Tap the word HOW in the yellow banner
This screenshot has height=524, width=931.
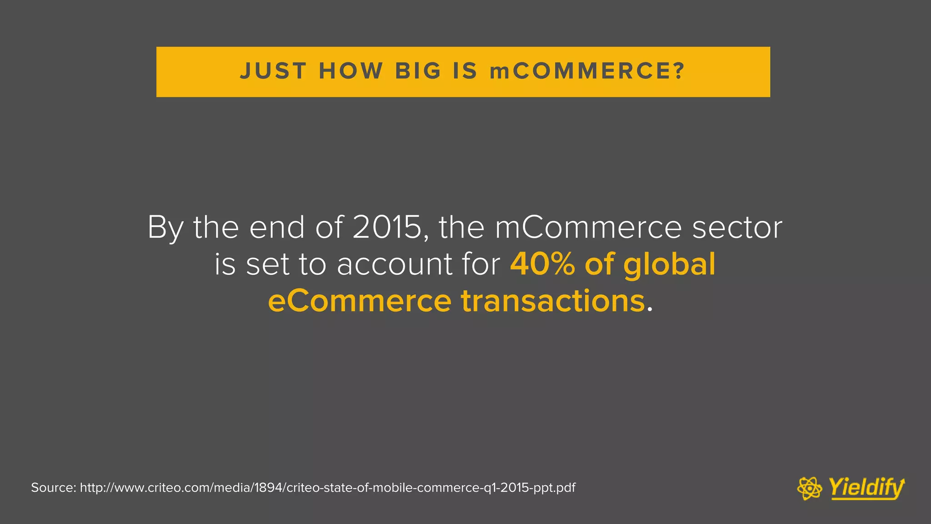(x=351, y=71)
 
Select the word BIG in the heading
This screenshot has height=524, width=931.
(x=418, y=71)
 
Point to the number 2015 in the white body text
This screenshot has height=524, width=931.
(x=387, y=227)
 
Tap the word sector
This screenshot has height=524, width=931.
(x=737, y=227)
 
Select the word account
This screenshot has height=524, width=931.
(x=395, y=264)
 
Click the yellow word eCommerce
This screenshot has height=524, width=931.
(x=360, y=301)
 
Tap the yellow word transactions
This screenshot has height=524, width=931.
(x=553, y=301)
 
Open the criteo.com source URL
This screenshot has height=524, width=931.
(x=327, y=488)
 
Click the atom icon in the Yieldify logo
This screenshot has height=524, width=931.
(x=810, y=489)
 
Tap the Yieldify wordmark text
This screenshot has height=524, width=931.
(x=866, y=488)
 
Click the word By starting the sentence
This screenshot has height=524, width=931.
(x=165, y=228)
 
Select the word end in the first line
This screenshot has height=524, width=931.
(x=277, y=227)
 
